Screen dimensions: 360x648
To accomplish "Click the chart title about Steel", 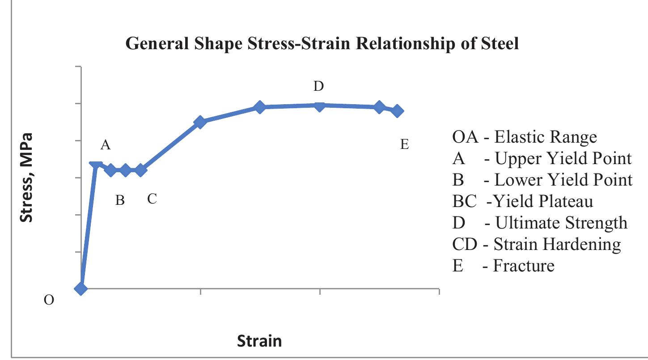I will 322,44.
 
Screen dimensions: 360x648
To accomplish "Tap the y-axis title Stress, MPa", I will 28,177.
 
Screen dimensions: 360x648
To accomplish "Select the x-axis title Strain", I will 259,341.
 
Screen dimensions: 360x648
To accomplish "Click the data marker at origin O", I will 81,288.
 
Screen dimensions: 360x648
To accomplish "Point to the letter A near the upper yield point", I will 106,145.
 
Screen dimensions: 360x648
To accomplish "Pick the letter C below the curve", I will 152,199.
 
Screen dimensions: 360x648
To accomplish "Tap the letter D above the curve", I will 318,86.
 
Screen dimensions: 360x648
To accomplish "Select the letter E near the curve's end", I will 404,145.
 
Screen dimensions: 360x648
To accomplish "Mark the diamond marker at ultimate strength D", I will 319,106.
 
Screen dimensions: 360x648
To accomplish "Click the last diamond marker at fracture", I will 398,111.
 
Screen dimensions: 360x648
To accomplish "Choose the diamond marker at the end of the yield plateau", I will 141,170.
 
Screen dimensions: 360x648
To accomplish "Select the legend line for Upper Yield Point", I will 542,158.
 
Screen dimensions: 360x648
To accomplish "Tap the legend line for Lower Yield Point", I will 542,180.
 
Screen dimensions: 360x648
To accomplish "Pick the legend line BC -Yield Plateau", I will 522,201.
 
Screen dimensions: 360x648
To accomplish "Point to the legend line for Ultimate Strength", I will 540,223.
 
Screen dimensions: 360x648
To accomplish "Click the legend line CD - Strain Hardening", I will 536,244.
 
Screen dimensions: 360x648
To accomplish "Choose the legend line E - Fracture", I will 503,266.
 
